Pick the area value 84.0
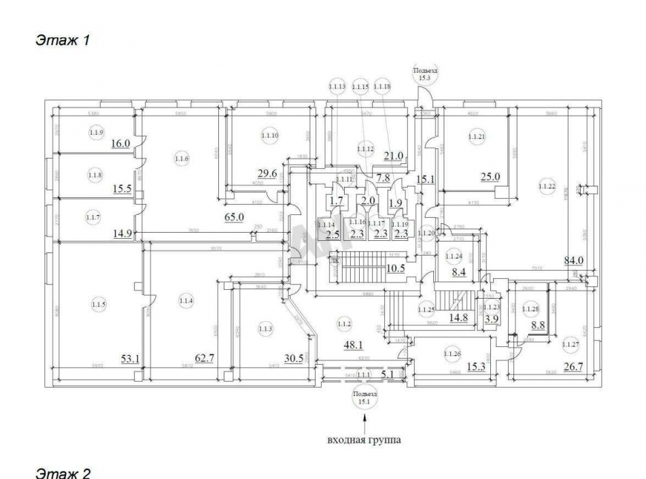(575, 259)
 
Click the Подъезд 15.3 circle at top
(425, 74)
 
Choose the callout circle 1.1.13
(337, 87)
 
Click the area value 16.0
(120, 143)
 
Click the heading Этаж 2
(63, 472)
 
